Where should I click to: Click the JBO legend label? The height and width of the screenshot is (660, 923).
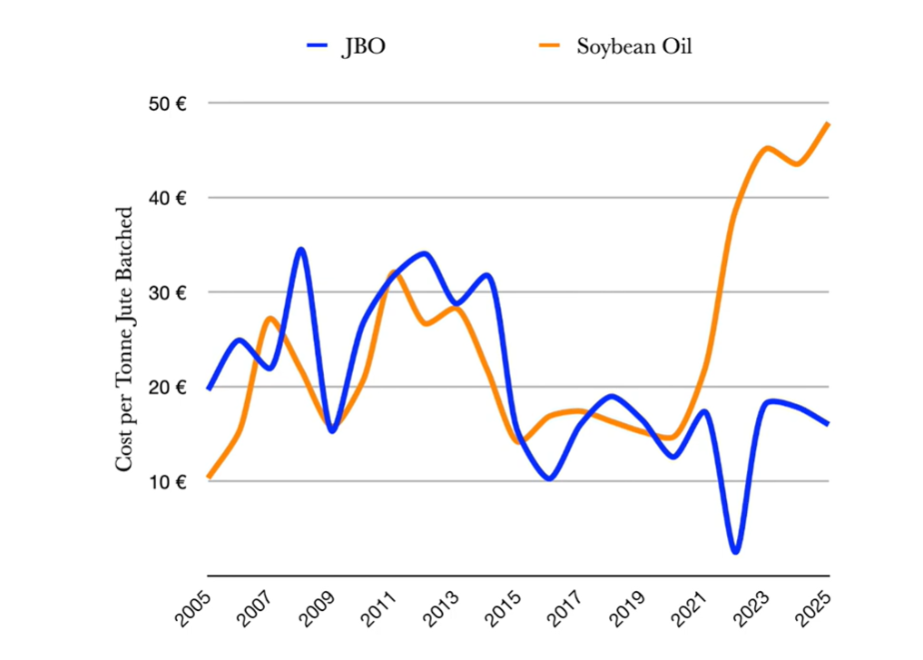[363, 47]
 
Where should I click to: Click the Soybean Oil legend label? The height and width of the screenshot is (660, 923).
[633, 47]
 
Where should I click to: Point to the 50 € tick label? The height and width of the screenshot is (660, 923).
[168, 103]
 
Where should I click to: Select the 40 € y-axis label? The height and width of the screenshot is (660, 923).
[168, 198]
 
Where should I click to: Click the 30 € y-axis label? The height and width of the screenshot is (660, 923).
[168, 292]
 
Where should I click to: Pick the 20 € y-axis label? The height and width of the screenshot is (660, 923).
[168, 387]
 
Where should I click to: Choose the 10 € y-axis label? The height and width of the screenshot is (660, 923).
[168, 481]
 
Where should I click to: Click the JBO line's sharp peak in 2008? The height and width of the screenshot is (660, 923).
[300, 249]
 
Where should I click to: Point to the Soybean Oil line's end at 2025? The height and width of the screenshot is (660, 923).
[829, 123]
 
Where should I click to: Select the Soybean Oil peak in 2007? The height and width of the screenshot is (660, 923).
[270, 318]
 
